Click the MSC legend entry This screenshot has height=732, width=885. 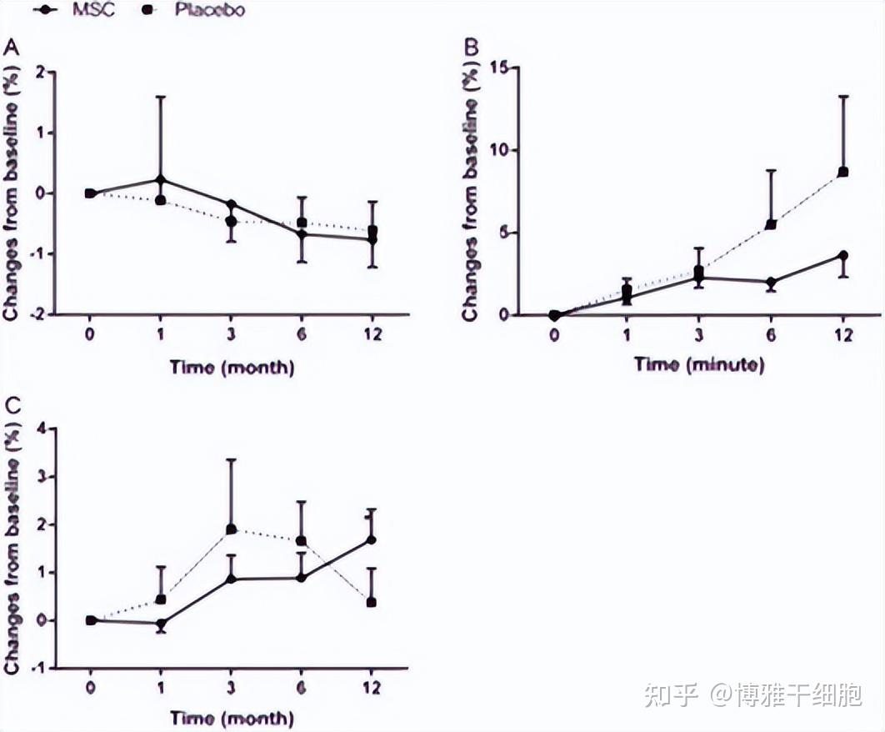point(93,10)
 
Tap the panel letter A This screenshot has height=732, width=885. point(12,48)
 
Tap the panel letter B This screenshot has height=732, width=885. point(472,48)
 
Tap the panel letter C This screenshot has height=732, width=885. point(12,406)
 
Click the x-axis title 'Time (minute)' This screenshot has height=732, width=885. point(698,364)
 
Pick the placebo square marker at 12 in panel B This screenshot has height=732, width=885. point(842,172)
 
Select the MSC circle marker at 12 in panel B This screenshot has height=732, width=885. point(842,255)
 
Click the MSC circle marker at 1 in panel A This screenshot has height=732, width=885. point(161,179)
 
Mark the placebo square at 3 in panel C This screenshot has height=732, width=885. point(231,529)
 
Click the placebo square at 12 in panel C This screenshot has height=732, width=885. point(372,602)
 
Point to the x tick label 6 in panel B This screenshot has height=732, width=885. point(771,335)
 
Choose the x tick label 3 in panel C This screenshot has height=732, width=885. point(231,689)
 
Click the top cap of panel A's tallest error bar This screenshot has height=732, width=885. point(161,97)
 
